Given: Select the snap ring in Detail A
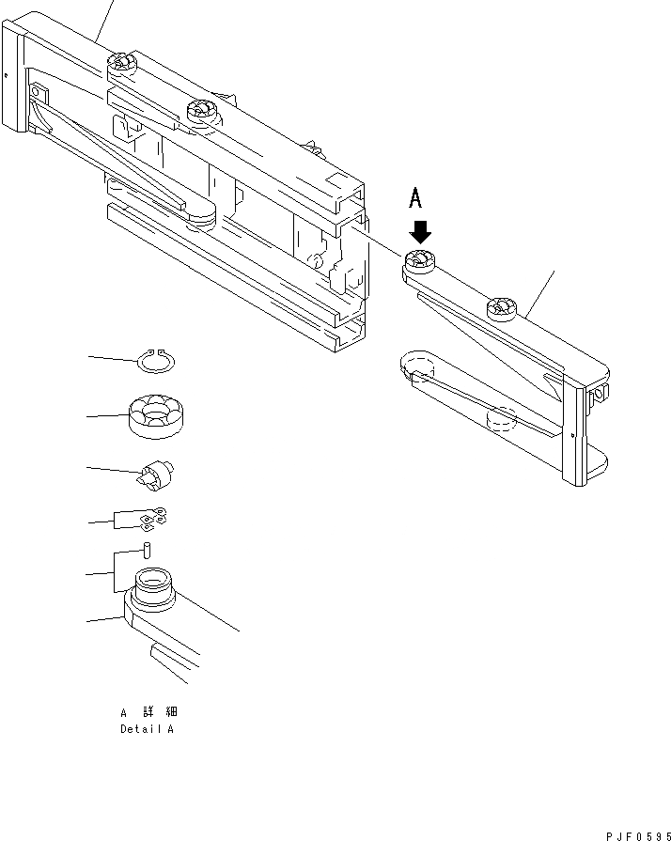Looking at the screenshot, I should click(x=157, y=361).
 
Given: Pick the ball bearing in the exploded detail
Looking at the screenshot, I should click(x=157, y=416).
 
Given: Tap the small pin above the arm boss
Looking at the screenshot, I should click(x=148, y=550).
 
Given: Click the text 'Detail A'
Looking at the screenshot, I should click(x=147, y=729).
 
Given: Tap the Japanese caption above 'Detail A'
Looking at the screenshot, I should click(x=148, y=713).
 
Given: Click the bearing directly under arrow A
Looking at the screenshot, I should click(x=419, y=262).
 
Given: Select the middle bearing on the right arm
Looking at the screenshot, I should click(x=501, y=306).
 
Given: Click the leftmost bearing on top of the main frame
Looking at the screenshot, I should click(x=121, y=65).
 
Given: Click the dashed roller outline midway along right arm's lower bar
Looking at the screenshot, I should click(x=500, y=419).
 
